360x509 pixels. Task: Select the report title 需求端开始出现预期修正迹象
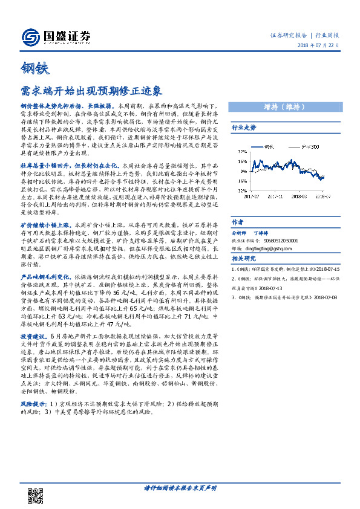[91, 91]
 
